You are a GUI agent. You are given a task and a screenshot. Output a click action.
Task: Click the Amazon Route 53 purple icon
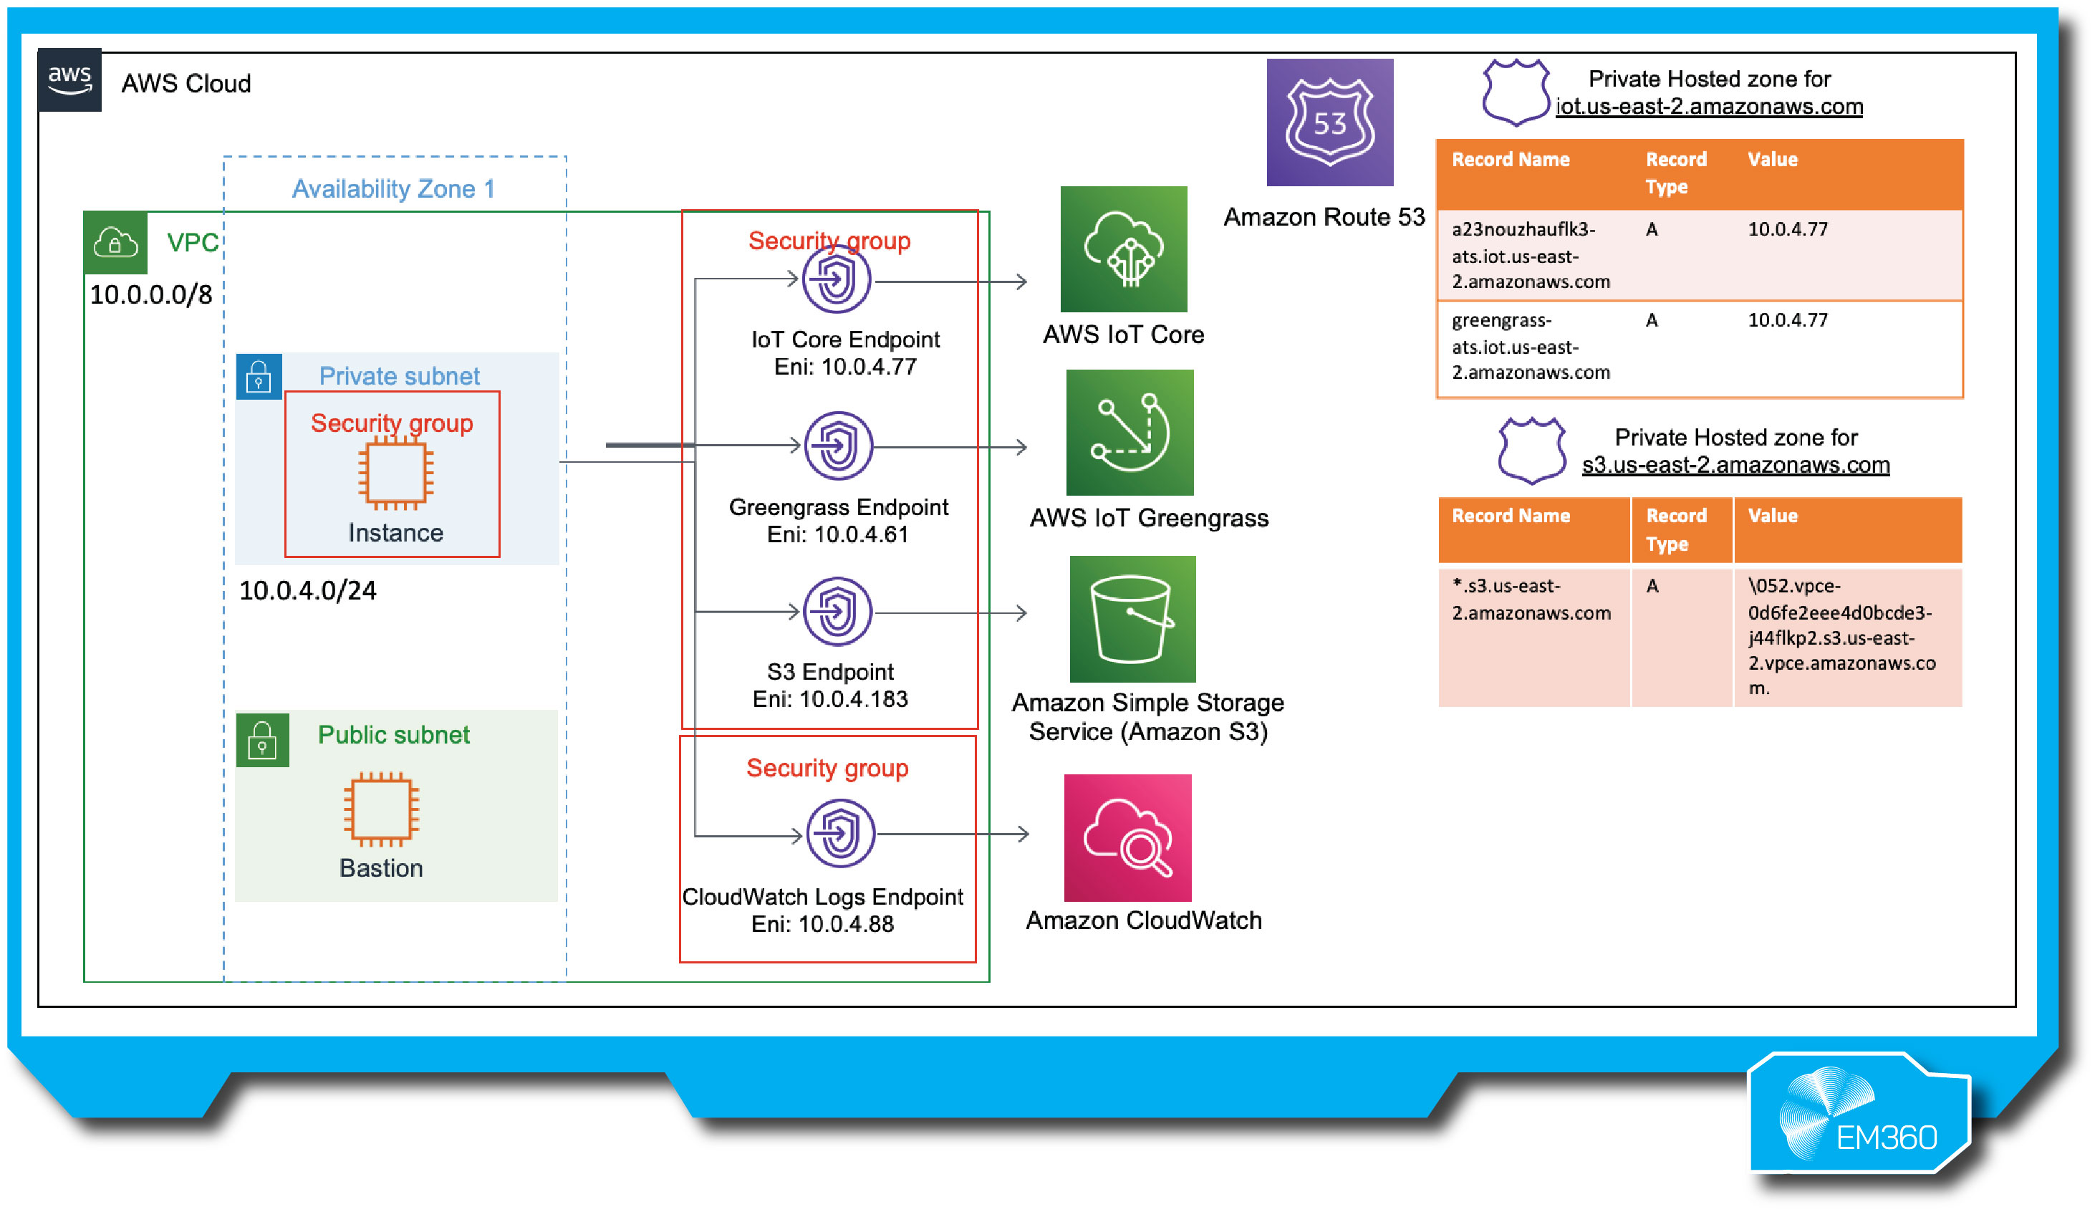tap(1329, 122)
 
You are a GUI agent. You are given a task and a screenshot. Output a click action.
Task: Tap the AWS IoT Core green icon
tap(1123, 249)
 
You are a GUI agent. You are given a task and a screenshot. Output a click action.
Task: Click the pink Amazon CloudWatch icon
tap(1127, 837)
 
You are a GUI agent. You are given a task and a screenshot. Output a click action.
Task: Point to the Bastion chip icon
tap(382, 808)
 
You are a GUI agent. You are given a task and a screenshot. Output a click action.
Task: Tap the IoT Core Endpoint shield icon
tap(837, 279)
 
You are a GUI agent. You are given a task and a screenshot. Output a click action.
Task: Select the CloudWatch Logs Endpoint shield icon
tap(839, 833)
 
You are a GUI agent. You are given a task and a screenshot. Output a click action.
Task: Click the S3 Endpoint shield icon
tap(837, 611)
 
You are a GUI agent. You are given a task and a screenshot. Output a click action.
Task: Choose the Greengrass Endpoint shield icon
tap(838, 446)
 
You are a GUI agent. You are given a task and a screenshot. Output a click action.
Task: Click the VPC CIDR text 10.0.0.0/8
tap(150, 294)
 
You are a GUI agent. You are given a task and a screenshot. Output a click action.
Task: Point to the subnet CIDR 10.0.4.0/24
tap(307, 590)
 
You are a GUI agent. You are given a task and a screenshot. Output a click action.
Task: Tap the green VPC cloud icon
tap(115, 243)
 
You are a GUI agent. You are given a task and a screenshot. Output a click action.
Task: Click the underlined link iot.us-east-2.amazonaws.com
tap(1708, 107)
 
